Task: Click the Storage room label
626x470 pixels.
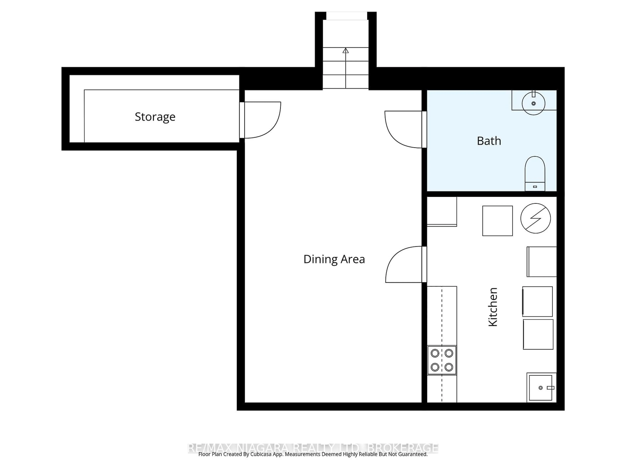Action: click(x=155, y=117)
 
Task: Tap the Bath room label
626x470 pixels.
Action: click(x=489, y=141)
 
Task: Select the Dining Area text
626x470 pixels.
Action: click(x=334, y=259)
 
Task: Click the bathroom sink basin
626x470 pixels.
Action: click(x=533, y=104)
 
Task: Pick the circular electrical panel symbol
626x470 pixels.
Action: click(x=535, y=218)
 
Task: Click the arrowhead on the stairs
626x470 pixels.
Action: click(x=346, y=51)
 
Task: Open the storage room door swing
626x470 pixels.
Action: click(x=262, y=120)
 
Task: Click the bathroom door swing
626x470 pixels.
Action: click(x=403, y=129)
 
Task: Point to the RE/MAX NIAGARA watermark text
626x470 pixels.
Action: click(x=313, y=448)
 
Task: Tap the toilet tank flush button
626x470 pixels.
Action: click(x=535, y=187)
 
